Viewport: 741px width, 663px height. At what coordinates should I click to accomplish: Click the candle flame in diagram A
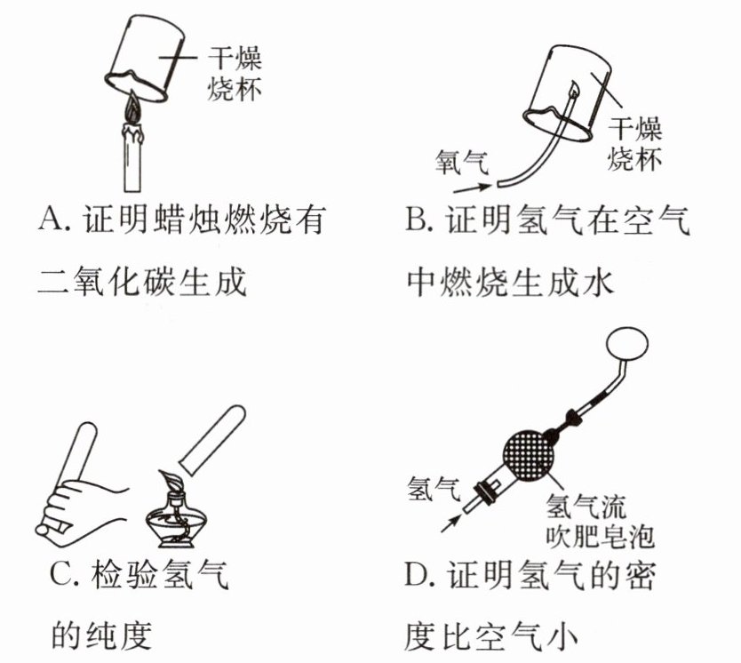132,111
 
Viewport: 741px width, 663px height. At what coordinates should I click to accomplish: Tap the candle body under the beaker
132,161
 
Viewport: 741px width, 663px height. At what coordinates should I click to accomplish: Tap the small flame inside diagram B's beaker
574,90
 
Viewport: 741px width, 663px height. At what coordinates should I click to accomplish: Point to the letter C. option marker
63,576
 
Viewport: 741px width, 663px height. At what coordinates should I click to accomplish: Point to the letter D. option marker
418,576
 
